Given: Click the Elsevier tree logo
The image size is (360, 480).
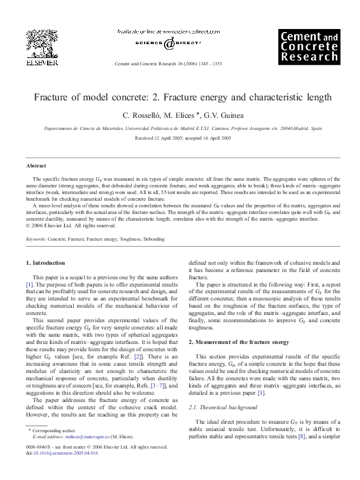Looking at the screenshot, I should click(x=39, y=41).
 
